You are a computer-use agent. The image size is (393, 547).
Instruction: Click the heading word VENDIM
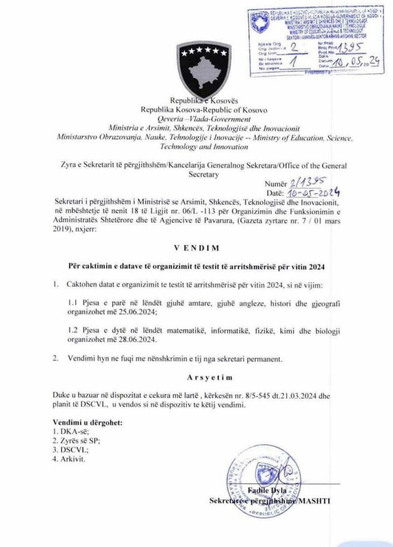[x=196, y=248]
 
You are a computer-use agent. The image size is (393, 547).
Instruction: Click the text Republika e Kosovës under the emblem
[x=197, y=101]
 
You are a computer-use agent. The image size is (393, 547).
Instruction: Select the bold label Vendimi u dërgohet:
[x=88, y=423]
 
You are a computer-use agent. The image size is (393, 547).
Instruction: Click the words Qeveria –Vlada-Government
[x=198, y=119]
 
